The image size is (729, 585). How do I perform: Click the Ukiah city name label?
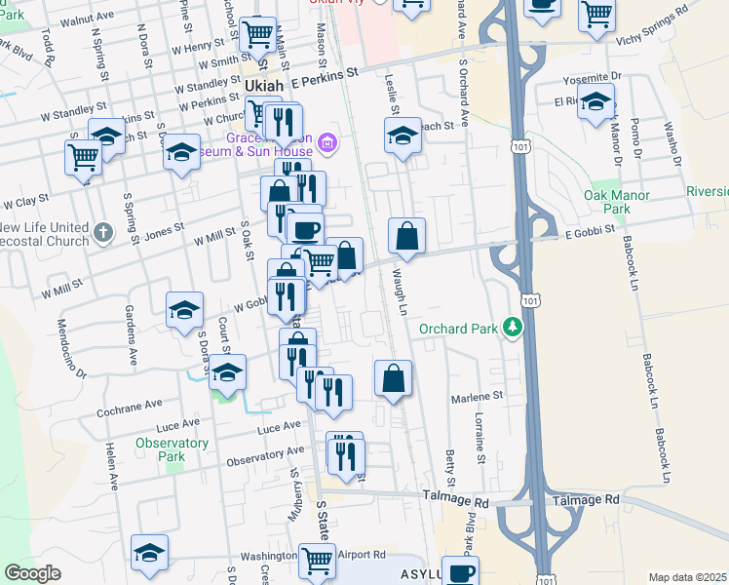click(x=265, y=86)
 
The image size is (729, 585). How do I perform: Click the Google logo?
click(x=32, y=572)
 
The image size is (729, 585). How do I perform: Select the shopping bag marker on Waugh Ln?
click(x=406, y=236)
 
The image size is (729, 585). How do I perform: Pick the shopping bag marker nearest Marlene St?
click(x=392, y=379)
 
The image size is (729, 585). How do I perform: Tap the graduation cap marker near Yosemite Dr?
click(x=595, y=101)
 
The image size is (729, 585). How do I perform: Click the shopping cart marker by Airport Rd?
click(x=317, y=561)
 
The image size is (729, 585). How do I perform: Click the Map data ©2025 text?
click(x=687, y=577)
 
